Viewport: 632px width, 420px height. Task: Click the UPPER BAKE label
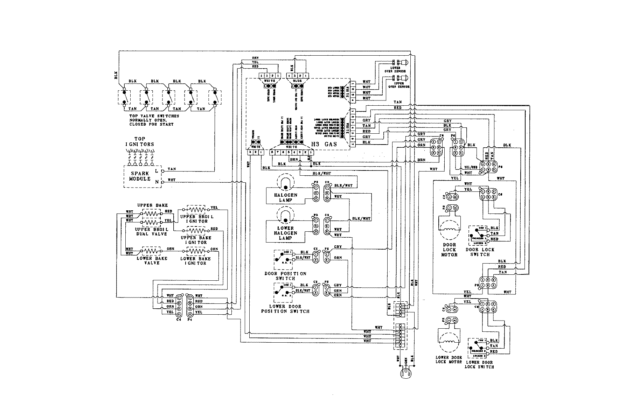pyautogui.click(x=152, y=205)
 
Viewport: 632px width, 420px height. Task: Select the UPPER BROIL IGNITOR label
pyautogui.click(x=196, y=219)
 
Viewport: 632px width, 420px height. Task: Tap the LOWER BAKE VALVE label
pyautogui.click(x=152, y=260)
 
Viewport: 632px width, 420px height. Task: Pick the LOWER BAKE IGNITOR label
pyautogui.click(x=196, y=260)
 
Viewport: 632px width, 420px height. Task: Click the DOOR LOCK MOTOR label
pyautogui.click(x=449, y=250)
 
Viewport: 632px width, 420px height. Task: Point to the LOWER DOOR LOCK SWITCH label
pyautogui.click(x=479, y=364)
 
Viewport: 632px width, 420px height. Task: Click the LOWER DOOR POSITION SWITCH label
pyautogui.click(x=285, y=309)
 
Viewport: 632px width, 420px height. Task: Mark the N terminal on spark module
pyautogui.click(x=157, y=182)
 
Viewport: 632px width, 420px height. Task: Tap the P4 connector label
pyautogui.click(x=190, y=319)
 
